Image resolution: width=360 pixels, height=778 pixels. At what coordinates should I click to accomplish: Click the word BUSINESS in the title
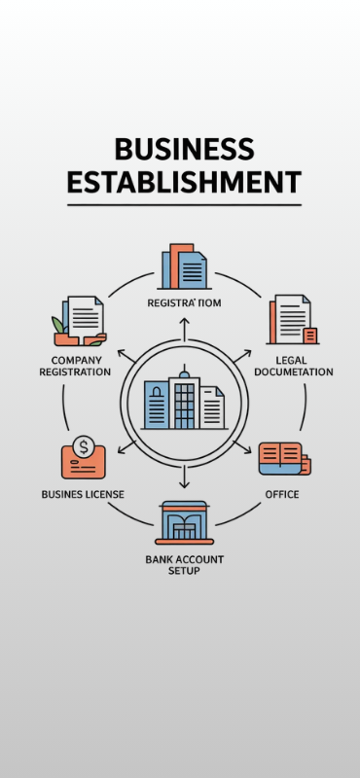click(184, 149)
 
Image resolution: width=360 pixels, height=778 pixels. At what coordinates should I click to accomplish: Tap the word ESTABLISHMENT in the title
click(184, 182)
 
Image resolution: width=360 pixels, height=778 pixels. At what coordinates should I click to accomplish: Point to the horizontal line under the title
click(184, 204)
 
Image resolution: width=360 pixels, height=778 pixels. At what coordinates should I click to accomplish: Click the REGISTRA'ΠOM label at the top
click(184, 303)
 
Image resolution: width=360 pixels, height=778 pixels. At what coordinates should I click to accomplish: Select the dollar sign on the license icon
click(85, 448)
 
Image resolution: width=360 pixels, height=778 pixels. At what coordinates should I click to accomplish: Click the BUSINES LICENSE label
click(83, 494)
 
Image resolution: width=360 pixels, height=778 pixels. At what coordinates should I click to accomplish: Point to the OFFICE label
click(282, 494)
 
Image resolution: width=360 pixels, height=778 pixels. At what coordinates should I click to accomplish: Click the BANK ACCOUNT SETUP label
click(185, 564)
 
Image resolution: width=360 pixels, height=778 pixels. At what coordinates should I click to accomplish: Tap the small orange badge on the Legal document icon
click(310, 336)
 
